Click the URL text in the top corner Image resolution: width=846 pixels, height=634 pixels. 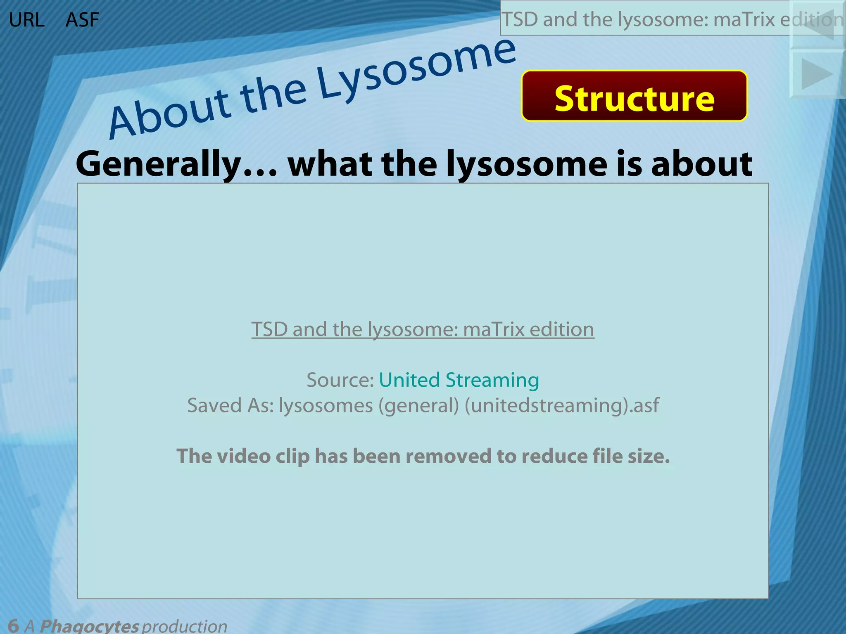point(26,20)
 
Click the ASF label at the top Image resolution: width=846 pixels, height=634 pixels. point(82,20)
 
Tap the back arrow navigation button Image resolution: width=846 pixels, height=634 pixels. point(817,25)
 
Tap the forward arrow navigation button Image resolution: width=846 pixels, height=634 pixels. point(817,74)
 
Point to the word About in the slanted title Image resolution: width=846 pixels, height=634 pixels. point(169,114)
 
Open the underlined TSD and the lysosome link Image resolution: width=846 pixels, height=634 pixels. point(423,329)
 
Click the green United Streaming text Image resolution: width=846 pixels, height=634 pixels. point(459,380)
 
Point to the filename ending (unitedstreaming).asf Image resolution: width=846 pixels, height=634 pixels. point(562,405)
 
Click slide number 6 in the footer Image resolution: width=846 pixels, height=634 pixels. point(13,626)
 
